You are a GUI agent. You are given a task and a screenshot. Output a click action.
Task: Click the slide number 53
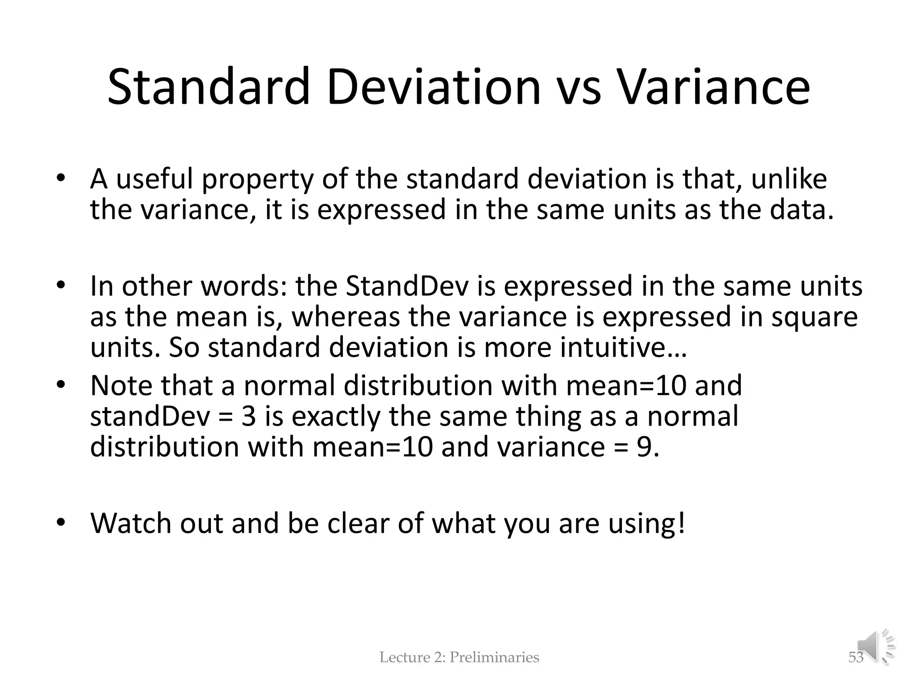pos(855,658)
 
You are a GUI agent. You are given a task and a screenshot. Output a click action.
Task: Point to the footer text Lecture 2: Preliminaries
pos(459,658)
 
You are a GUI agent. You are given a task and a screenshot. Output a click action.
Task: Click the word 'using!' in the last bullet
pos(646,524)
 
